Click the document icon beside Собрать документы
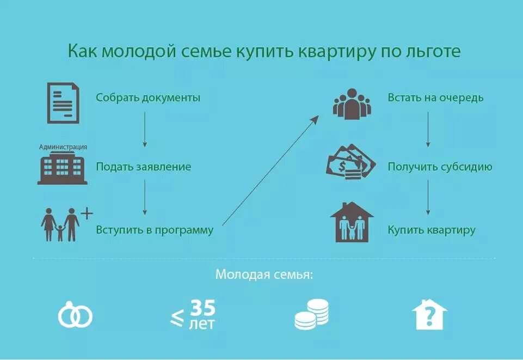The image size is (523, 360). pos(63,102)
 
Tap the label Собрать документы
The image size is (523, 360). pos(148,98)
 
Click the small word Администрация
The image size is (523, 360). pos(63,147)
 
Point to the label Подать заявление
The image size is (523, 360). pos(144,167)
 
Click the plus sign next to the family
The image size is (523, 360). pos(87,212)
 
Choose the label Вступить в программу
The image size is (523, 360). pos(155,230)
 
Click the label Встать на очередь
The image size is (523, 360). pos(435,98)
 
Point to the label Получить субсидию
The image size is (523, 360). pos(440,167)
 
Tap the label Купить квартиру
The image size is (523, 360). pos(432,230)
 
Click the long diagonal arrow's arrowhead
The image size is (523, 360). pos(316,118)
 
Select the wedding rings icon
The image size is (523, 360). pos(75,316)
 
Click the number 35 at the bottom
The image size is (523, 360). pos(202,308)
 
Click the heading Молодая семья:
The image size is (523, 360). pos(264,274)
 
